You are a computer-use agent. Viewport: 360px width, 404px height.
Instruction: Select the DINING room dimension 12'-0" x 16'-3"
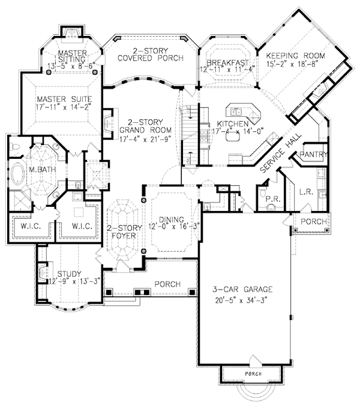[x=167, y=227]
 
